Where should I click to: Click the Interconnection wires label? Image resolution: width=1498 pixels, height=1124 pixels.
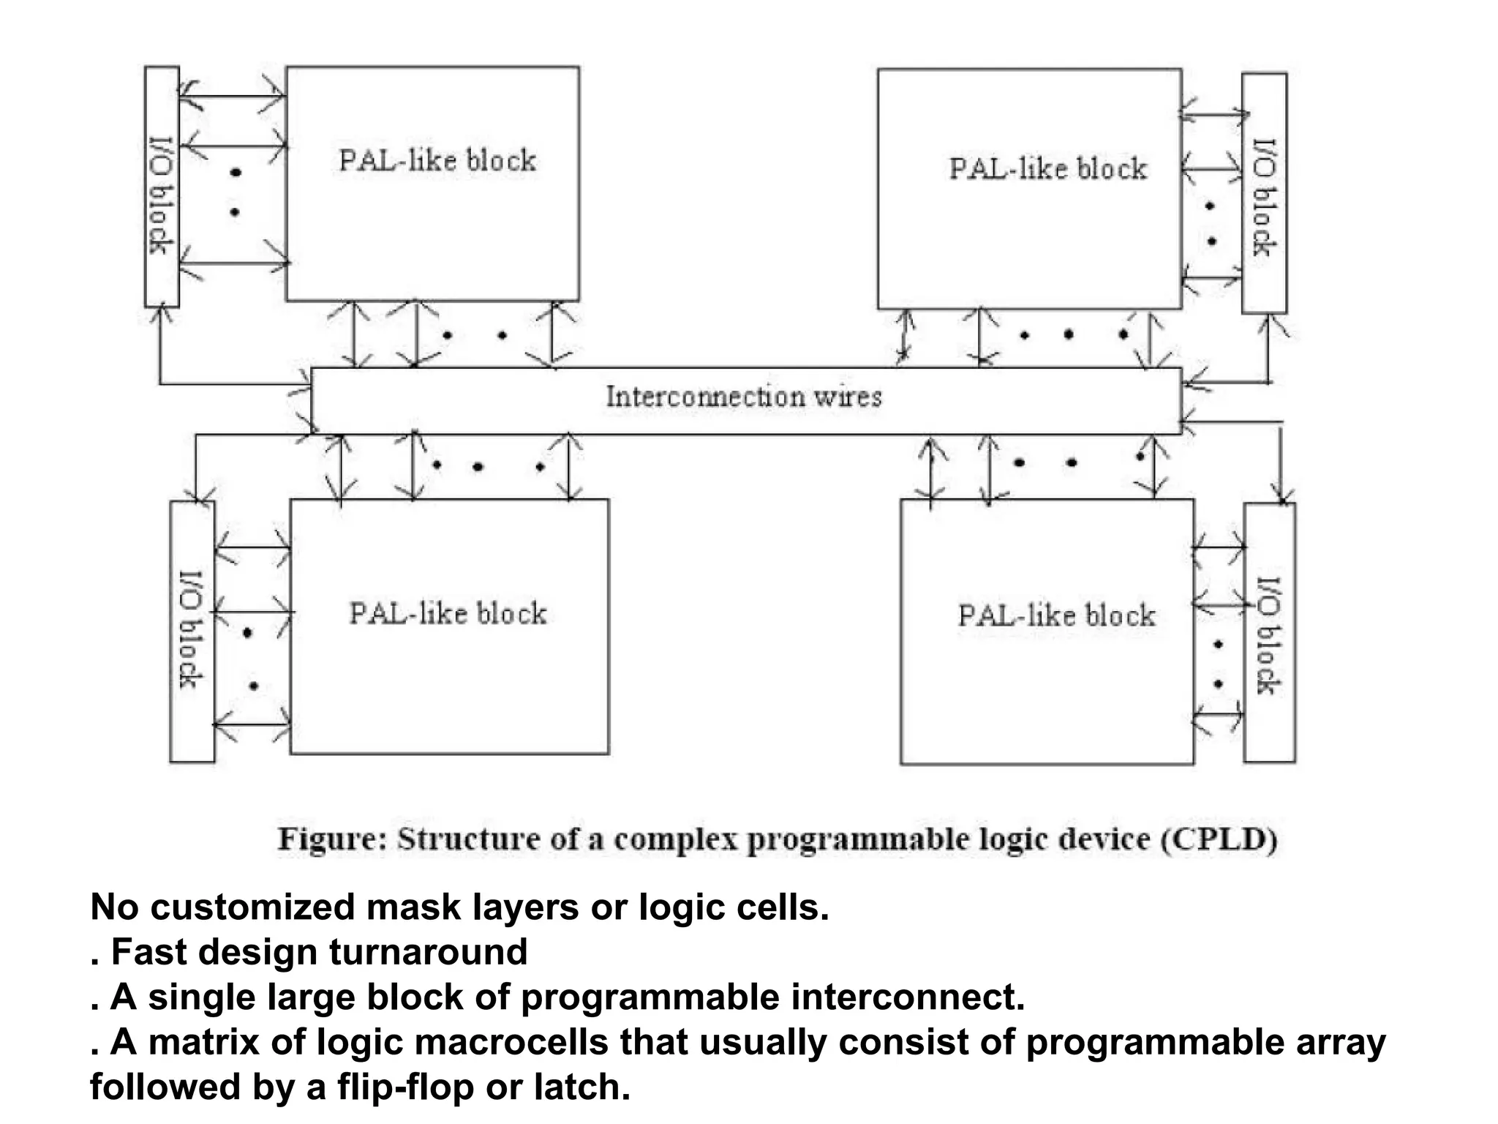(x=744, y=397)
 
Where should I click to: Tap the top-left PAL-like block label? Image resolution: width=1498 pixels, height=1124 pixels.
(x=437, y=161)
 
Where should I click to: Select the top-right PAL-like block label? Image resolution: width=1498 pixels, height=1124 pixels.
(x=1047, y=169)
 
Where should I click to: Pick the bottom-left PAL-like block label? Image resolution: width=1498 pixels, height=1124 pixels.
(x=448, y=614)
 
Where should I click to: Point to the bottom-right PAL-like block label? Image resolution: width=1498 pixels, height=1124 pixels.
(x=1056, y=616)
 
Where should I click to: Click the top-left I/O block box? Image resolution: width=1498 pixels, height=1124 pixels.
(x=162, y=187)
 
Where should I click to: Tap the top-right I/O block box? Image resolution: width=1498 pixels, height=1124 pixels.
(x=1264, y=194)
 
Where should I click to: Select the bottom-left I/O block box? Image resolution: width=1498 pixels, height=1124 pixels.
(x=192, y=631)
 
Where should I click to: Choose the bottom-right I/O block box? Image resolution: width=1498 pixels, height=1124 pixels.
(x=1269, y=634)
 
